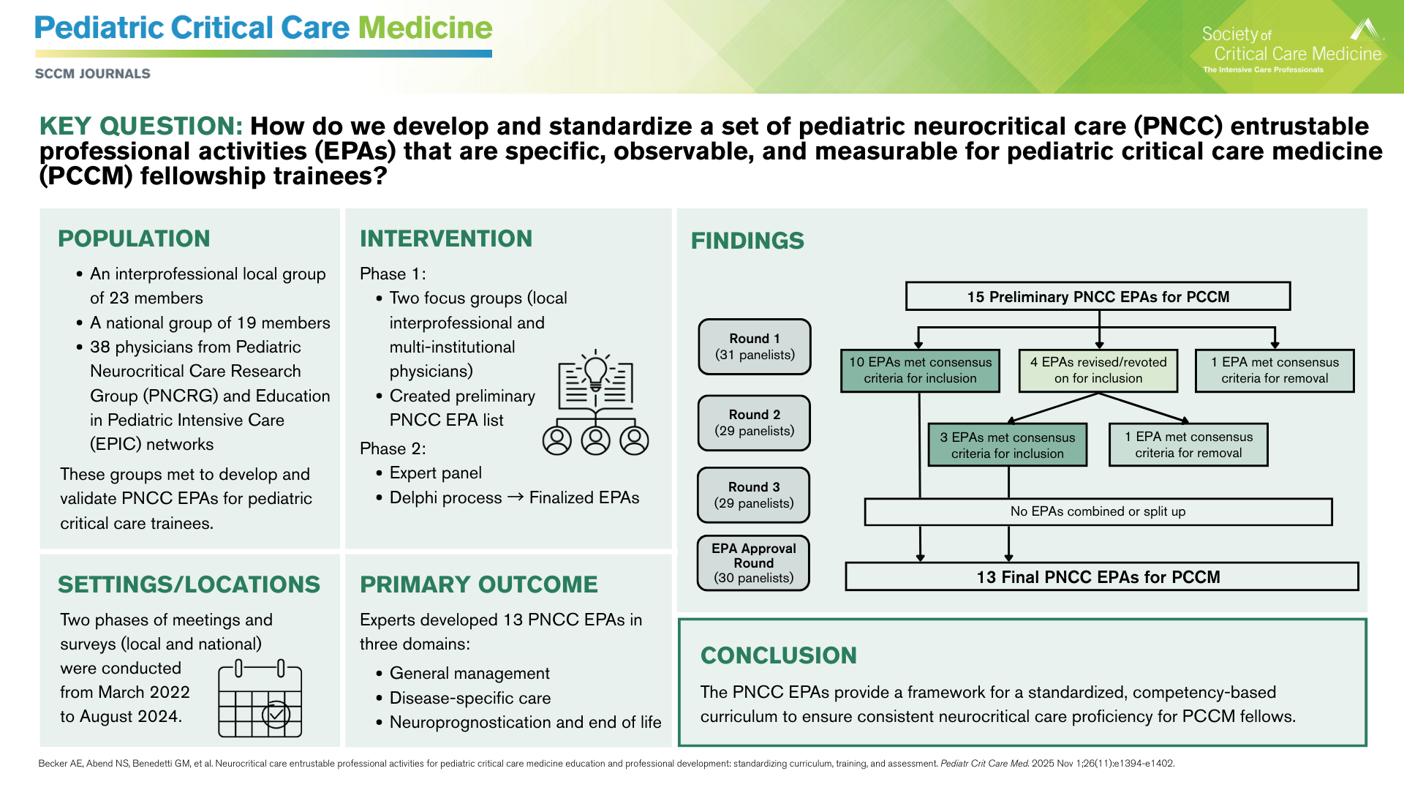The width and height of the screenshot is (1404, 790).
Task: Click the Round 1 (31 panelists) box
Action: (x=755, y=347)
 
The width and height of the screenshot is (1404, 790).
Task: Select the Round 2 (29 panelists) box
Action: (x=754, y=423)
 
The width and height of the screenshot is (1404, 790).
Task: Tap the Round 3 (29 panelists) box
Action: (x=754, y=495)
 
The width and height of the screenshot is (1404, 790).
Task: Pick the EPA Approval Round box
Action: (x=754, y=563)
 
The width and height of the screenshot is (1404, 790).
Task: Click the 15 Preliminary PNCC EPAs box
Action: (x=1098, y=296)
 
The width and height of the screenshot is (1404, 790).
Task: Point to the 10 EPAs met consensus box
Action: (x=920, y=370)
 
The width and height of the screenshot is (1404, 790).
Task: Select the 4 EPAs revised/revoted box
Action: (x=1098, y=370)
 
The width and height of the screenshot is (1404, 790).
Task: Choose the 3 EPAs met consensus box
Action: (x=1007, y=445)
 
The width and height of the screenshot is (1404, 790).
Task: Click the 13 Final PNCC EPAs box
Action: (x=1101, y=576)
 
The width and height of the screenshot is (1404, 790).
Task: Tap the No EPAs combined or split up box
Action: (x=1098, y=511)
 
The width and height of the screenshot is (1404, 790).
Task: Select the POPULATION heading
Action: (x=134, y=238)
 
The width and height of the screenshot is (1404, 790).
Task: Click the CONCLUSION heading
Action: (x=778, y=655)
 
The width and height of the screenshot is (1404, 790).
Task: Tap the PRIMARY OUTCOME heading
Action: (x=478, y=584)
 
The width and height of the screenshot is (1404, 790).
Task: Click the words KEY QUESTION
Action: (x=140, y=126)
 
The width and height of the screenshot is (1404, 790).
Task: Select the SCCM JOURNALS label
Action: (x=93, y=74)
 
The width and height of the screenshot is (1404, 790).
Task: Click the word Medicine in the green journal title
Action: (x=425, y=28)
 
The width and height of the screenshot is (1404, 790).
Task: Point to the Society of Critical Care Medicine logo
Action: (x=1292, y=48)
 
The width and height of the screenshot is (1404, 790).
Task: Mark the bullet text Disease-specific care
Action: (x=470, y=698)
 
